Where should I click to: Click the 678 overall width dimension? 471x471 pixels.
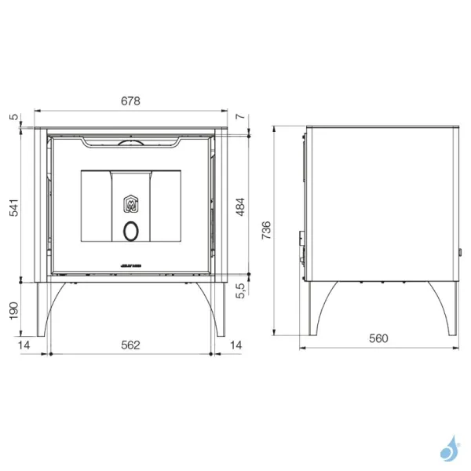pyautogui.click(x=130, y=100)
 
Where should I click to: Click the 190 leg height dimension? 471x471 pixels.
pyautogui.click(x=13, y=312)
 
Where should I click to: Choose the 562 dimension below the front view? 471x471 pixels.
pyautogui.click(x=130, y=345)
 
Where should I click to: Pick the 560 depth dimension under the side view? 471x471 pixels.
pyautogui.click(x=379, y=338)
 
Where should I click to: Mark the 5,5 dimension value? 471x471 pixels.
pyautogui.click(x=241, y=291)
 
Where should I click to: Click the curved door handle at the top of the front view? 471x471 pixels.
pyautogui.click(x=130, y=142)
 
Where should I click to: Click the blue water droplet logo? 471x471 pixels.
pyautogui.click(x=450, y=449)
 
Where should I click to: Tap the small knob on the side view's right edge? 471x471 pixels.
pyautogui.click(x=459, y=253)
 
